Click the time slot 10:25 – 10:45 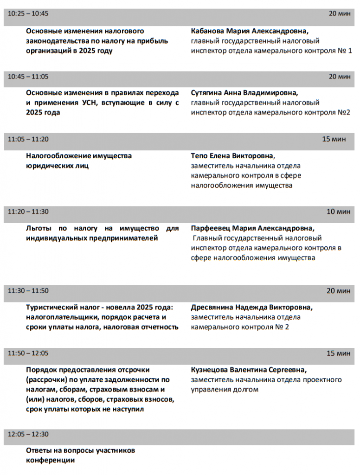(x=28, y=13)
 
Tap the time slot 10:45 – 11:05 (x=28, y=77)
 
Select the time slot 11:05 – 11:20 (x=28, y=139)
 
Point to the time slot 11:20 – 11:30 (x=28, y=212)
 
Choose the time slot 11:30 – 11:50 (x=28, y=291)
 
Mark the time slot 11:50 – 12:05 (x=28, y=353)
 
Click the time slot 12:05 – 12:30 (x=28, y=435)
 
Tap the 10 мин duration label (x=338, y=212)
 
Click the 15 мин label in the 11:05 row (x=334, y=139)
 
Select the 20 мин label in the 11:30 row (x=338, y=291)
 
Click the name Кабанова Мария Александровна (x=249, y=31)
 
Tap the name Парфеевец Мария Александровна (x=252, y=228)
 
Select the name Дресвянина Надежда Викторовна (x=252, y=307)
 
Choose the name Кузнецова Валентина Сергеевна (x=249, y=370)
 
